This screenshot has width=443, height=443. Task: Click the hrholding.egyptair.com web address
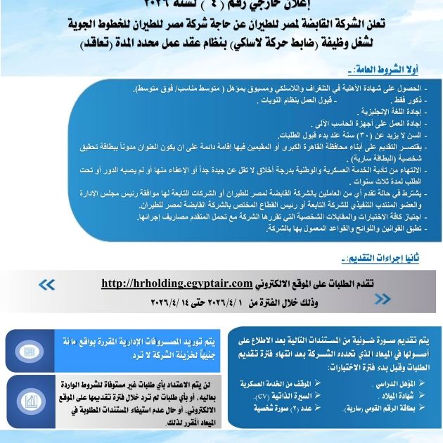[x=176, y=283]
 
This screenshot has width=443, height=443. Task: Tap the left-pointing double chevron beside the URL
[x=46, y=284]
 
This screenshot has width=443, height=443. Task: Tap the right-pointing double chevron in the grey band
[x=383, y=300]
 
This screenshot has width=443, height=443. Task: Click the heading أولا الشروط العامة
[x=384, y=70]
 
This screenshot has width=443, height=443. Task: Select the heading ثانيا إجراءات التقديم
[x=379, y=259]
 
